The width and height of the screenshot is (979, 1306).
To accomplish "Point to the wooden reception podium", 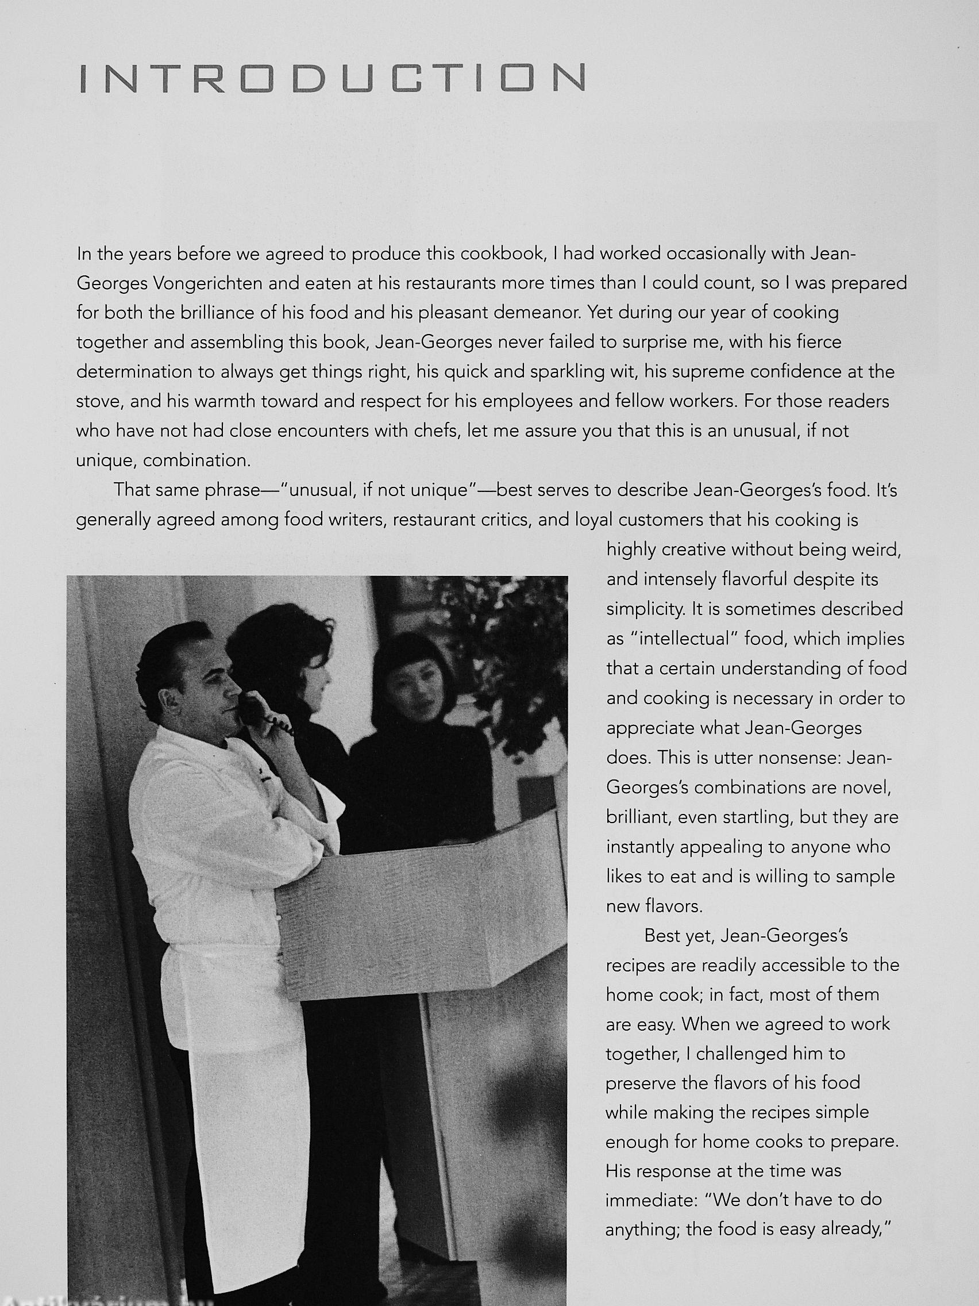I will (413, 915).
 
